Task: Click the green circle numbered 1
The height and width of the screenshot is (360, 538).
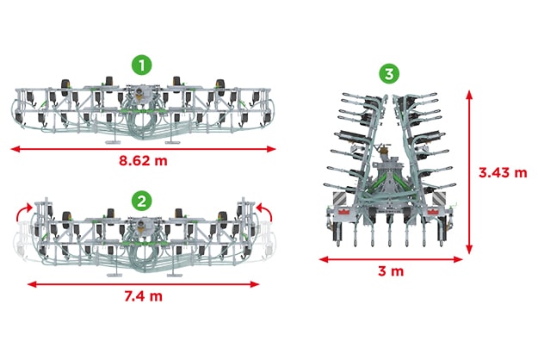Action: [142, 65]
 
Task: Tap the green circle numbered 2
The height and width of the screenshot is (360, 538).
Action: [142, 202]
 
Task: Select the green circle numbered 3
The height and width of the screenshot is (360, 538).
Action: [389, 74]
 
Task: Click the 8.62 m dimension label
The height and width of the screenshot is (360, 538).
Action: [143, 160]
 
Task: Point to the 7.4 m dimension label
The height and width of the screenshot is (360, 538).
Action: [143, 295]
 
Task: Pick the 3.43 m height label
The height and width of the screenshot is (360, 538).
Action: [503, 172]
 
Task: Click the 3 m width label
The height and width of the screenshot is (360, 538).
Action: [391, 271]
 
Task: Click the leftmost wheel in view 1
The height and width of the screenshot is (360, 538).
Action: [65, 88]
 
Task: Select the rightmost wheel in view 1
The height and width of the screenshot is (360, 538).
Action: [220, 88]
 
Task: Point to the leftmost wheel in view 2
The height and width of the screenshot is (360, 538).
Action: [66, 220]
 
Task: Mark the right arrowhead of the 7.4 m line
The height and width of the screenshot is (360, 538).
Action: [255, 284]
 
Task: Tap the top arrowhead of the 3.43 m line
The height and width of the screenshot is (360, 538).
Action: [469, 95]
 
